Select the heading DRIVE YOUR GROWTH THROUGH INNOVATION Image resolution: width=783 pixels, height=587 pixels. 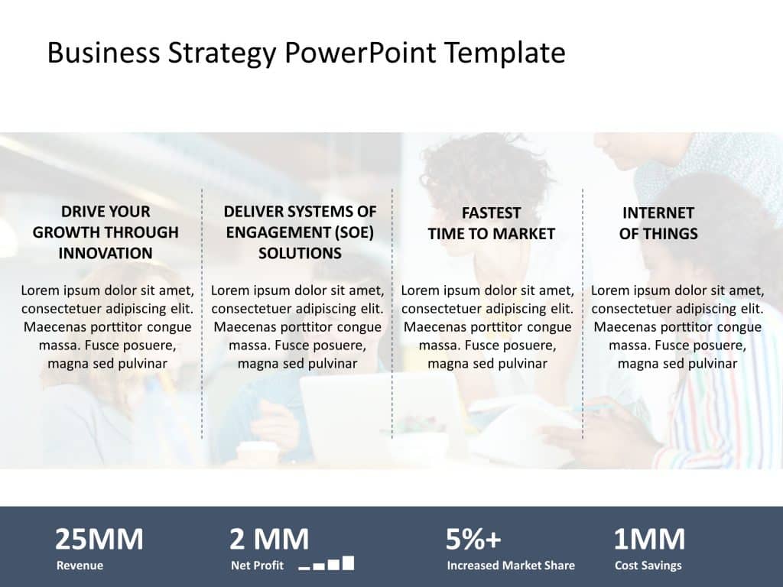click(x=106, y=232)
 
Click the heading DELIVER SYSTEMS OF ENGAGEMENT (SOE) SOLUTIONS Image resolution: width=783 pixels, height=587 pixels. click(x=300, y=232)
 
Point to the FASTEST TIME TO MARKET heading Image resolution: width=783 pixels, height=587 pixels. click(x=491, y=223)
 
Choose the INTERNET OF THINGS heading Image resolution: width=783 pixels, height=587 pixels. click(x=658, y=223)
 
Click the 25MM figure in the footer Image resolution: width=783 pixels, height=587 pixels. click(x=99, y=540)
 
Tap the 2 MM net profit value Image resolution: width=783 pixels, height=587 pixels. click(x=269, y=540)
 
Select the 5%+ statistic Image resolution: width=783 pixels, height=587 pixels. click(x=473, y=540)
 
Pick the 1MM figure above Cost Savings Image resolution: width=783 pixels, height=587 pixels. click(x=649, y=540)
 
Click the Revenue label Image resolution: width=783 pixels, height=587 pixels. click(x=80, y=566)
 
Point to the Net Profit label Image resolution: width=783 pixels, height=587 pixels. click(x=257, y=566)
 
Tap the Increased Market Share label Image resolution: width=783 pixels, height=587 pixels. click(x=511, y=566)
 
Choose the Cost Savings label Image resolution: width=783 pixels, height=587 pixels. click(x=648, y=566)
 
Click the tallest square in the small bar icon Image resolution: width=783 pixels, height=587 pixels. click(x=348, y=563)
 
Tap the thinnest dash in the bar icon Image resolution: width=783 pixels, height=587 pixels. click(x=304, y=569)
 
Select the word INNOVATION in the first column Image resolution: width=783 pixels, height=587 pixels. click(x=106, y=253)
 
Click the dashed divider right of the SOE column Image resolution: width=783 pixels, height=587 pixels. click(x=392, y=313)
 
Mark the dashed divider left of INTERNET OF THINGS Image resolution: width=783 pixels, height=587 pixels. click(x=583, y=313)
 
